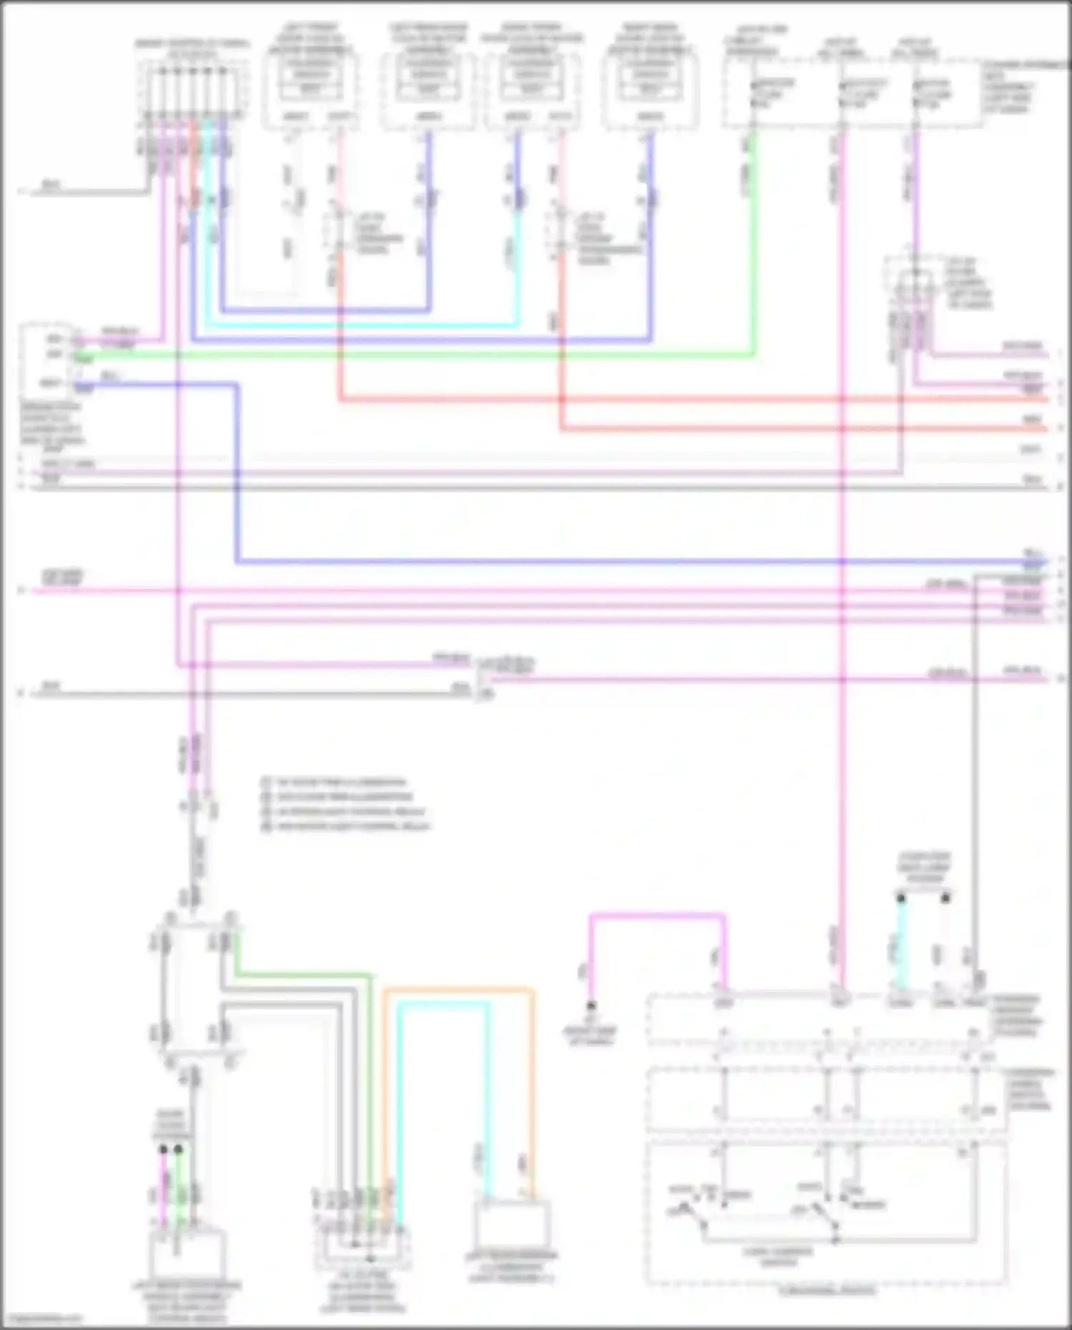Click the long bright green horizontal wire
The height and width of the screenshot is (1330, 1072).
[x=429, y=354]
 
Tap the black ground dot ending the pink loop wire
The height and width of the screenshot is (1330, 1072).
[x=591, y=1005]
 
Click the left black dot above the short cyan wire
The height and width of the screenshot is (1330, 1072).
[x=901, y=897]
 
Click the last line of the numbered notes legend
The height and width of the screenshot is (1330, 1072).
[x=347, y=826]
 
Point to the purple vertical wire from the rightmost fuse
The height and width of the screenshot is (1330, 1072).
[x=916, y=186]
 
